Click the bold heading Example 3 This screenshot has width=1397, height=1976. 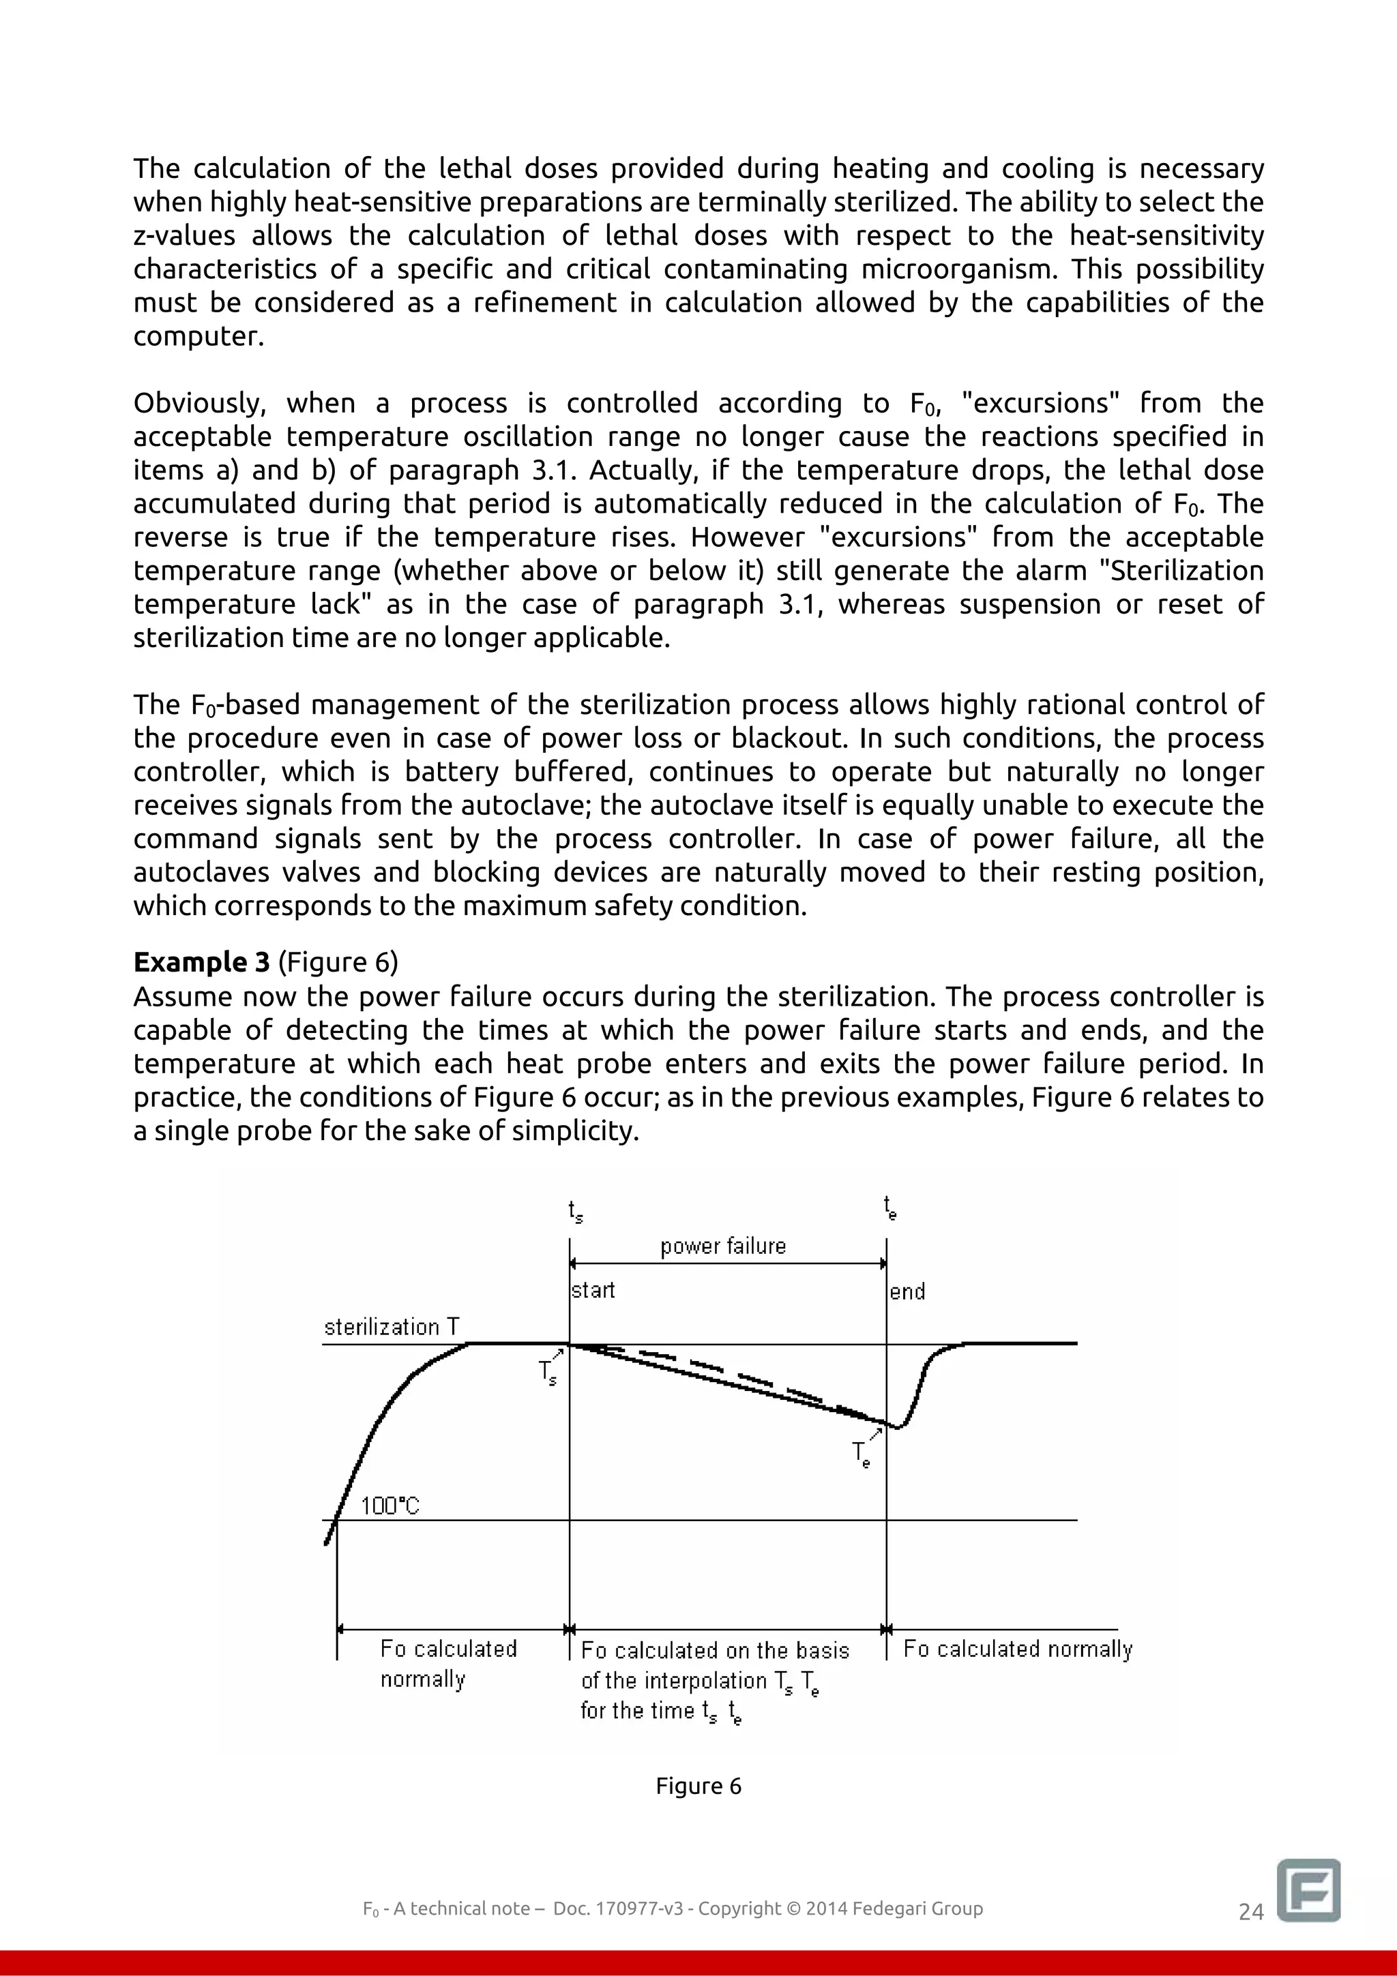tap(201, 961)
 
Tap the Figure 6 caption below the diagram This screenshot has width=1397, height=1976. tap(698, 1786)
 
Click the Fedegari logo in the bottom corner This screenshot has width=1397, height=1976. tap(1308, 1889)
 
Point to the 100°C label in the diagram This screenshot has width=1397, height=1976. tap(389, 1506)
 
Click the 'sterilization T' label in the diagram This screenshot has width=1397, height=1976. tap(392, 1327)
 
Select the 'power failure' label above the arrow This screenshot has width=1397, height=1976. tap(723, 1246)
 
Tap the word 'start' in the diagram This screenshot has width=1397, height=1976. tap(593, 1290)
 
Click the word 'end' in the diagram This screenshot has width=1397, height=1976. tap(907, 1292)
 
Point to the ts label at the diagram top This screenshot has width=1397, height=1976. tap(575, 1212)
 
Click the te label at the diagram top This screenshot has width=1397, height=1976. tap(890, 1208)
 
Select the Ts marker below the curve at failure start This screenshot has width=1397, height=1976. tap(548, 1372)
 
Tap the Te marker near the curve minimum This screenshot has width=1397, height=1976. tap(861, 1454)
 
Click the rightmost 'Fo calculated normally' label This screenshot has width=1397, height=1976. tap(1018, 1649)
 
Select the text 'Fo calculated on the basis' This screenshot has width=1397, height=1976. tap(714, 1651)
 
